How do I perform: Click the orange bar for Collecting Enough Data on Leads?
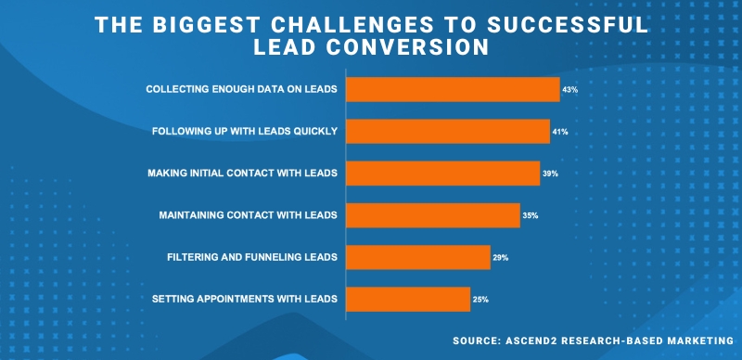(453, 90)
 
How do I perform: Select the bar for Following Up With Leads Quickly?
(448, 132)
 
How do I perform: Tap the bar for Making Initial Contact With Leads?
(442, 174)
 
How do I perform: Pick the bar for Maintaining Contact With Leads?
(433, 215)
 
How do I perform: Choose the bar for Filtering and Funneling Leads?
(418, 257)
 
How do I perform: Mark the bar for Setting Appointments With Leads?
(408, 299)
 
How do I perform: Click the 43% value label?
(570, 90)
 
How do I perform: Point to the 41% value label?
(559, 132)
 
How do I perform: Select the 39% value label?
(550, 174)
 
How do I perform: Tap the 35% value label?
(531, 215)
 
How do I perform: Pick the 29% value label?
(500, 257)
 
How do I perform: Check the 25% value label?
(480, 299)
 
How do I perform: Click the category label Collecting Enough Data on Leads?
(241, 90)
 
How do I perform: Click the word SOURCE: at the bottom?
(480, 341)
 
